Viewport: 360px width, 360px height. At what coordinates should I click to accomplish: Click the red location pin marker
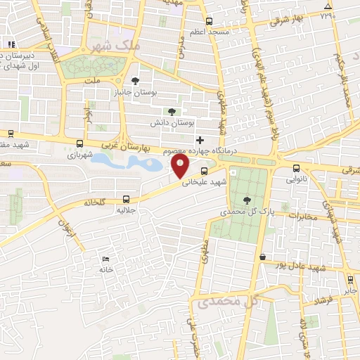point(181,167)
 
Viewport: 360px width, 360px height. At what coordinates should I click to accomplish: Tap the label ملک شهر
point(117,46)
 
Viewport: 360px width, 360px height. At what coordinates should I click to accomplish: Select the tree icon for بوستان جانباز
point(136,79)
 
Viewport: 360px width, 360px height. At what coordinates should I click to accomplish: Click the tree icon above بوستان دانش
point(172,111)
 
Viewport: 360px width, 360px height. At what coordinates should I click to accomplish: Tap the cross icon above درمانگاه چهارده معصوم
point(200,140)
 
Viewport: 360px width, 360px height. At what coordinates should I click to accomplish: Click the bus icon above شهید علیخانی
point(204,171)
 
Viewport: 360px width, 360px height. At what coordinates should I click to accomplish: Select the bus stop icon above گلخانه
point(126,199)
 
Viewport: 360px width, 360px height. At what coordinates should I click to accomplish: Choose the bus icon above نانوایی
point(296,168)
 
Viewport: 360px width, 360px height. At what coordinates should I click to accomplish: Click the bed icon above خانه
point(106,259)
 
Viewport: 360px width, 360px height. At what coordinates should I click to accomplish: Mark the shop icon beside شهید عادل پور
point(263,257)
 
